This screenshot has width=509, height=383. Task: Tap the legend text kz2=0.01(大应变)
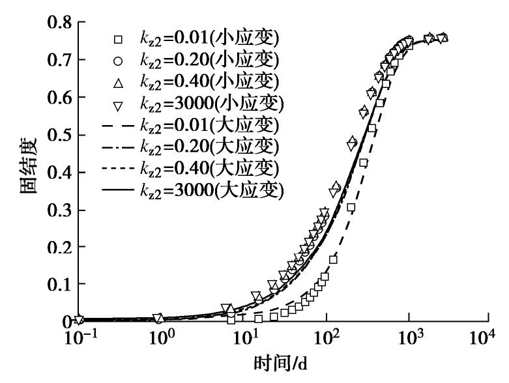pyautogui.click(x=210, y=126)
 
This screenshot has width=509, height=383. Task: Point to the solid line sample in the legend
pyautogui.click(x=117, y=190)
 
